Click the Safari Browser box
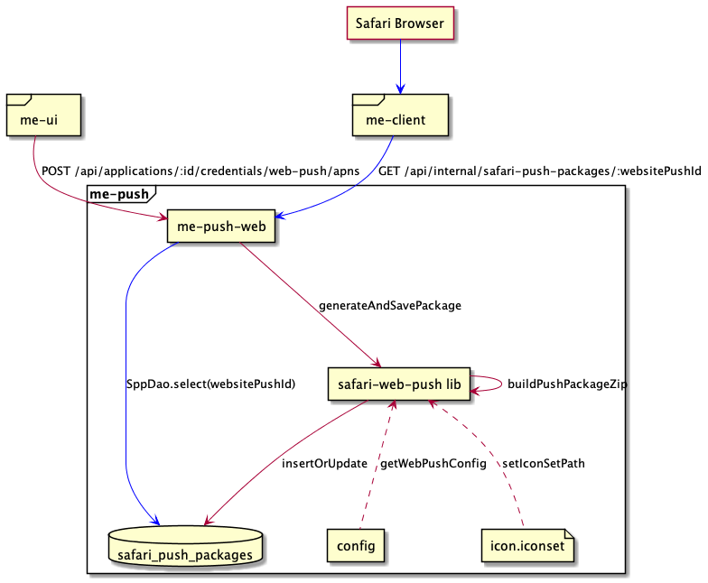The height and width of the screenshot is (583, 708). click(x=400, y=23)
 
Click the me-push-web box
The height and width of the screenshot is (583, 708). click(x=220, y=227)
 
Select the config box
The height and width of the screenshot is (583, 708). click(x=356, y=545)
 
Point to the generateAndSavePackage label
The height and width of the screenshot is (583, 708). click(x=390, y=306)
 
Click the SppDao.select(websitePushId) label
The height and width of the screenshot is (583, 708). click(x=211, y=384)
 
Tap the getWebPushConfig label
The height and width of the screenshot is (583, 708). click(x=433, y=463)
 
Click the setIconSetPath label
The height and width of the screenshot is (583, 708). click(x=543, y=463)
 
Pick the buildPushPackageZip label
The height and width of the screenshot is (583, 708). click(x=567, y=384)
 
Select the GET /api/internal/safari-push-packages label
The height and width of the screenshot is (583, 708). click(x=539, y=171)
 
